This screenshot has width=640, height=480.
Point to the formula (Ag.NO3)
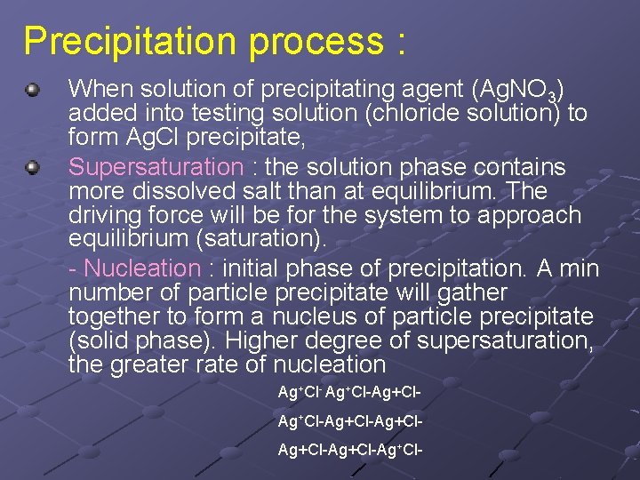(x=520, y=90)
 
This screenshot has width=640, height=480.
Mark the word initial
(x=253, y=268)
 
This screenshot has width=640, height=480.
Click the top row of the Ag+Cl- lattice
(x=348, y=392)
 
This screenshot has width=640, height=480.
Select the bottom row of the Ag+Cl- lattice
(x=348, y=451)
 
